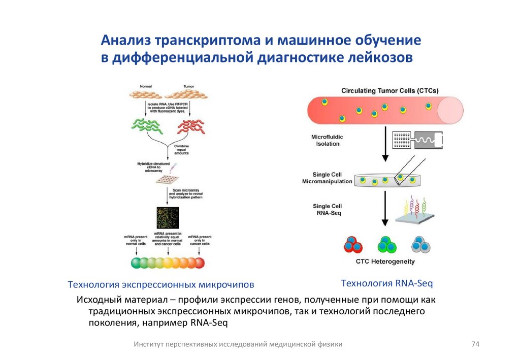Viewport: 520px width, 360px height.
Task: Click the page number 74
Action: [475, 344]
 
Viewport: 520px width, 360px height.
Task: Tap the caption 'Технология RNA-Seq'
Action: [386, 283]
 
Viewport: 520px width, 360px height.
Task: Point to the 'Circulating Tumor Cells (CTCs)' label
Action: [390, 91]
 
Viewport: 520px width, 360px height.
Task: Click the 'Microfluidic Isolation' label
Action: [326, 140]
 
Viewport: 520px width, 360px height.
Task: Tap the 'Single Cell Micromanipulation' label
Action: [327, 178]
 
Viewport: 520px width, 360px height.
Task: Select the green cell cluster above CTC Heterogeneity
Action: [386, 245]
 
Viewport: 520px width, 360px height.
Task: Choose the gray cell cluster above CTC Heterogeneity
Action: [421, 245]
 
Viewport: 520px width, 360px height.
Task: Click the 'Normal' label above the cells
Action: [139, 87]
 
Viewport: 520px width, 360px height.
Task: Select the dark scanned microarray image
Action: [168, 216]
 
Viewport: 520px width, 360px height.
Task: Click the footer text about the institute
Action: [238, 344]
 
